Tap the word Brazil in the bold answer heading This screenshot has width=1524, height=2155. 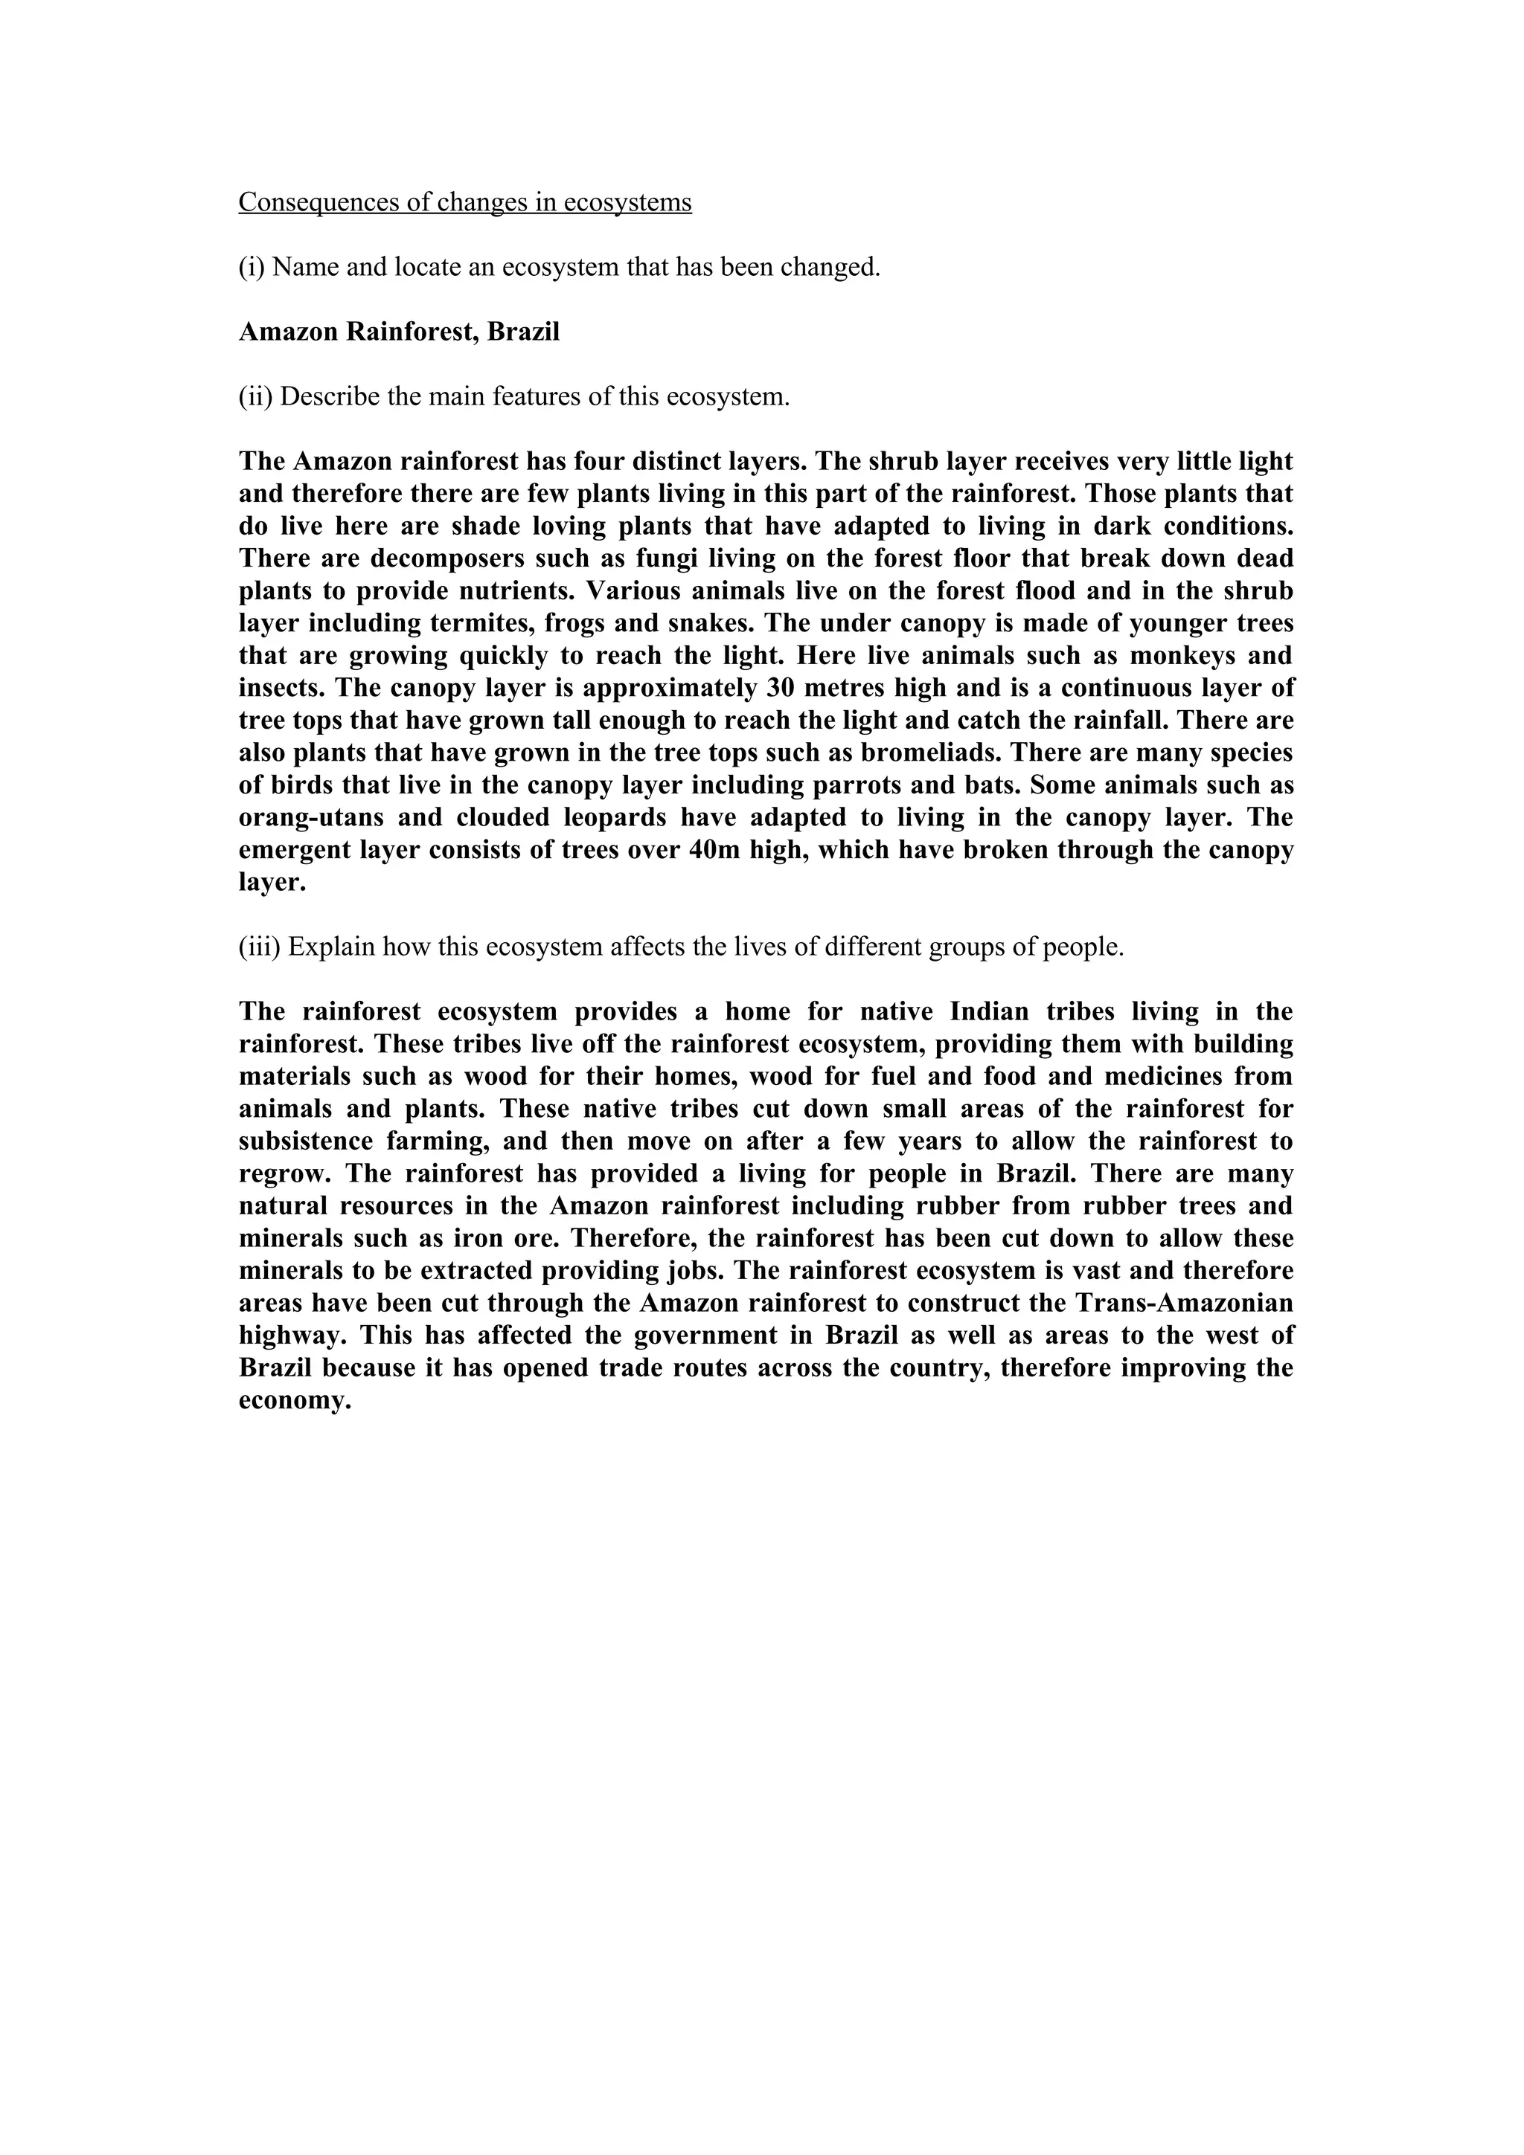pos(522,332)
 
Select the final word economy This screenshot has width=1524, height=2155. pos(294,1401)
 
